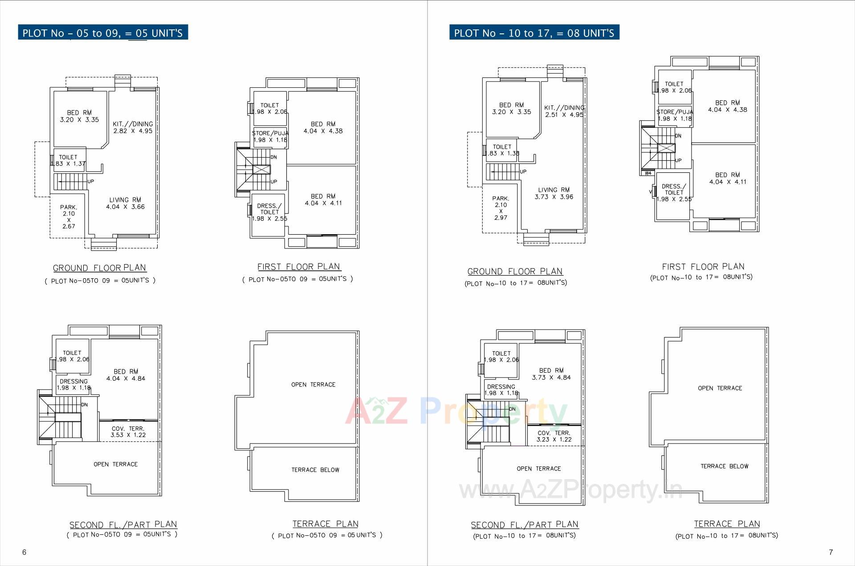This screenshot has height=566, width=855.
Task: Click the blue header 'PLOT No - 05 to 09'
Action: coord(102,33)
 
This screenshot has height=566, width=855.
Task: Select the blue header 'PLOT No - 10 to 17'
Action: coord(534,33)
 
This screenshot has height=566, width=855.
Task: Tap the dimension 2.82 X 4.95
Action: coord(133,131)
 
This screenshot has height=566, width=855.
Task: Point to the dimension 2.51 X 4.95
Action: coord(564,114)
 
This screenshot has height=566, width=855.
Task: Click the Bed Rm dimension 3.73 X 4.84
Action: coord(551,378)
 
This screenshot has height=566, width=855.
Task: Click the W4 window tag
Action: coord(647,173)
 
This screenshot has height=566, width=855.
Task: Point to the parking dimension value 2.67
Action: coord(69,226)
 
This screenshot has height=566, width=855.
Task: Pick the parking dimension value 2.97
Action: coord(501,218)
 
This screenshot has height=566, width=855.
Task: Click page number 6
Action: coord(24,552)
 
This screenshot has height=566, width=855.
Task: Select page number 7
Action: coord(831,552)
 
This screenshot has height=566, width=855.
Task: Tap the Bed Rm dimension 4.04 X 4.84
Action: coord(126,379)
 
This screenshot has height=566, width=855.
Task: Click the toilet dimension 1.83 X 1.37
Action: coord(68,163)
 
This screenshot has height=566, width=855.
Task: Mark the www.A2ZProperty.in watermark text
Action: coord(570,490)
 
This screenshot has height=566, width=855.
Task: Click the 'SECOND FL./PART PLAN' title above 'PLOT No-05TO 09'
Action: coord(123,525)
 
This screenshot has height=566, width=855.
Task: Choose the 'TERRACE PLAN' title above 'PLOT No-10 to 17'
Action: coord(727,524)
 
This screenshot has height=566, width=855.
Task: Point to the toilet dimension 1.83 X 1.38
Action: coord(503,153)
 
